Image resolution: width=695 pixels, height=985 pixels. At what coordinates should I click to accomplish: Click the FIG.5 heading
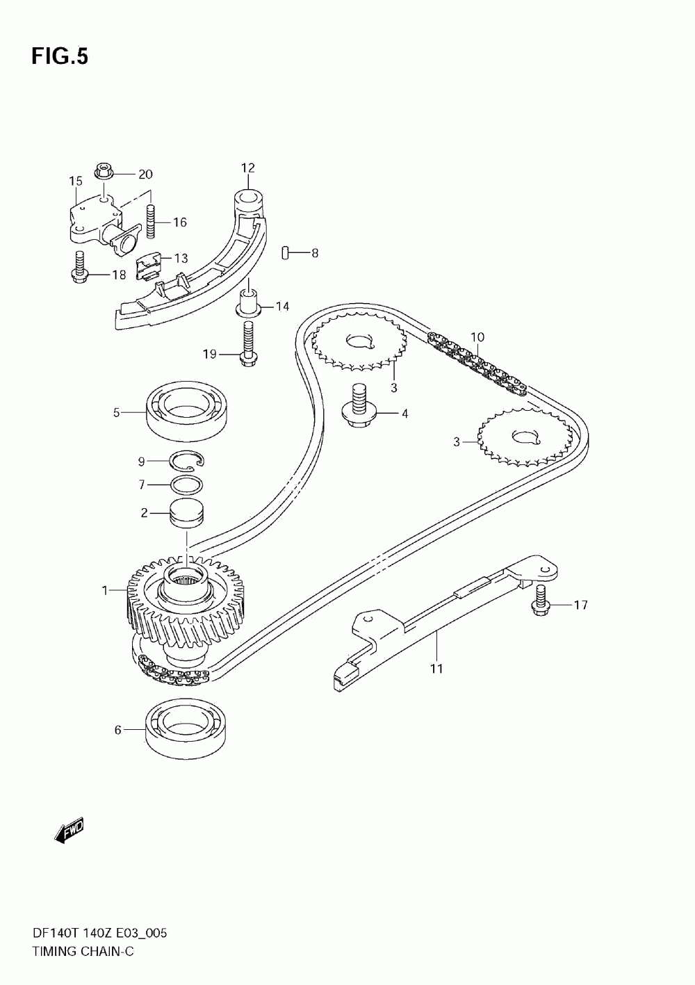click(x=60, y=57)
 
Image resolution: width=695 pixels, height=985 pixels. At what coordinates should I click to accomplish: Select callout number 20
click(x=145, y=174)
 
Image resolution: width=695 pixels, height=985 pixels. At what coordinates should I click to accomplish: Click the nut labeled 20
click(x=104, y=170)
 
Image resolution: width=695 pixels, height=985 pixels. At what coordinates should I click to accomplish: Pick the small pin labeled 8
click(x=286, y=253)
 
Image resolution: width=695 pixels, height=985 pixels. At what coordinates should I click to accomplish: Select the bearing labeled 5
click(x=188, y=412)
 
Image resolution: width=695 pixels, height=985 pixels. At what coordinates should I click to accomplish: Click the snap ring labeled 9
click(x=188, y=459)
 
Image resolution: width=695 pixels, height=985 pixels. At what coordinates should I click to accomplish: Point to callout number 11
click(x=436, y=669)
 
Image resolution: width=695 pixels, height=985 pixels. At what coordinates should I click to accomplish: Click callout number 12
click(x=248, y=168)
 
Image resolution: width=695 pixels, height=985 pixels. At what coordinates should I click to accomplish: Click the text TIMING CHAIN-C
click(x=82, y=951)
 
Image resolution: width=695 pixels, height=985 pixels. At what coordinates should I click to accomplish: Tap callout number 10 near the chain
click(x=477, y=337)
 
